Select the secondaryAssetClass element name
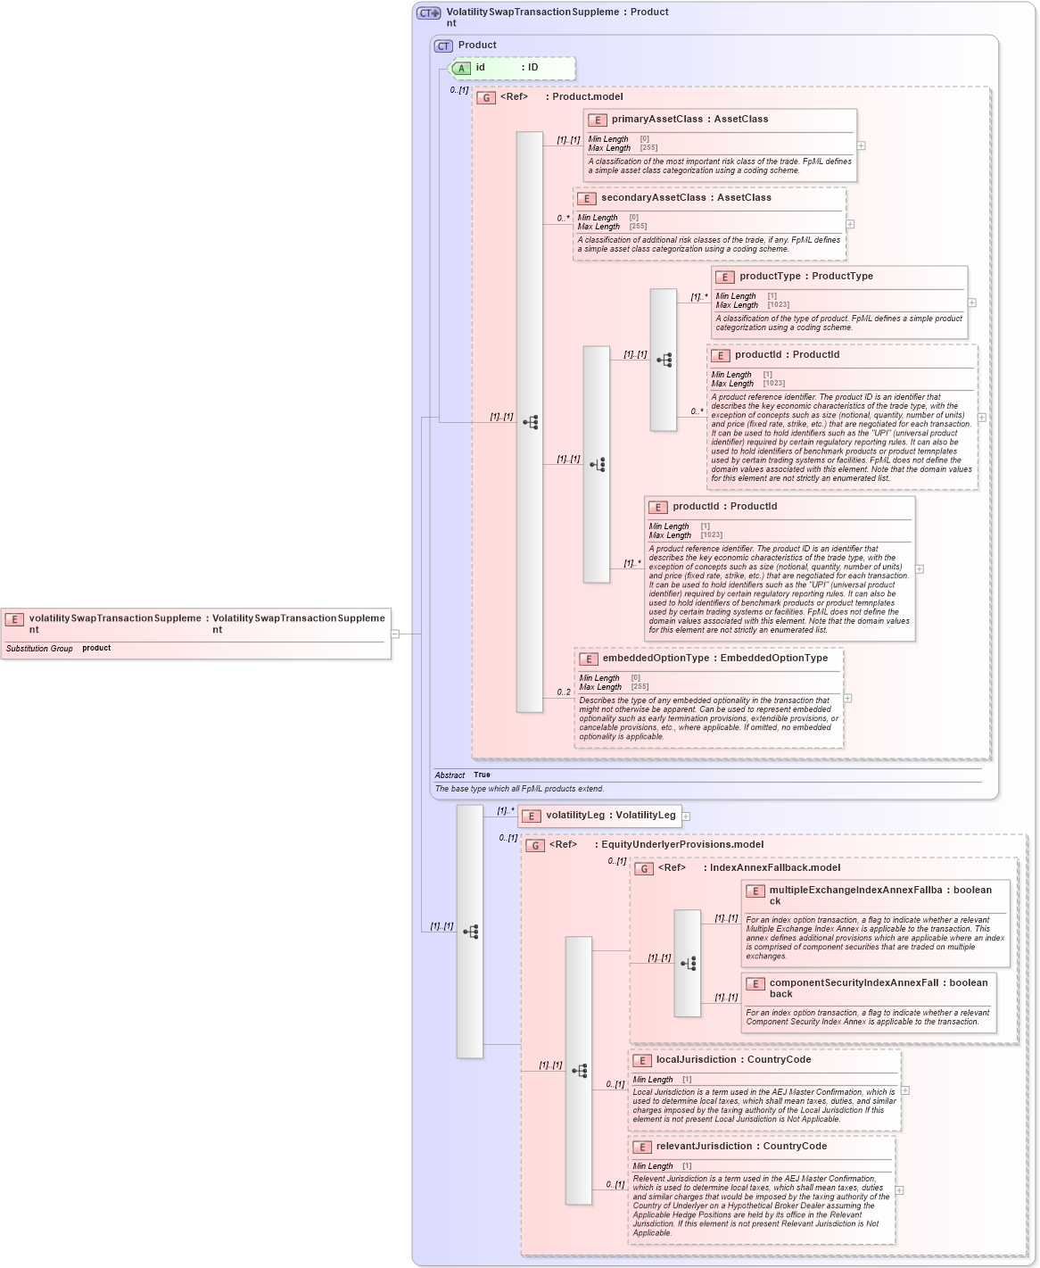653,198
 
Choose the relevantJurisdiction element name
704,1147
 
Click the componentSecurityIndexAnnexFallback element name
854,983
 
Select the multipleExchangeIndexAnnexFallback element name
855,891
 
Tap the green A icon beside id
461,69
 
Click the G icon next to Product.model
486,98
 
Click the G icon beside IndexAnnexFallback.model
644,868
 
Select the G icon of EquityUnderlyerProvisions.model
535,845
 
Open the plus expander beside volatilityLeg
686,816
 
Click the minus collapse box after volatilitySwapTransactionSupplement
395,634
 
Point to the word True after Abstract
482,775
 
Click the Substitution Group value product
96,649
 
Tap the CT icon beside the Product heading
443,46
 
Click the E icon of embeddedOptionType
588,659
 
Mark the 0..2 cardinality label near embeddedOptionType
564,692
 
